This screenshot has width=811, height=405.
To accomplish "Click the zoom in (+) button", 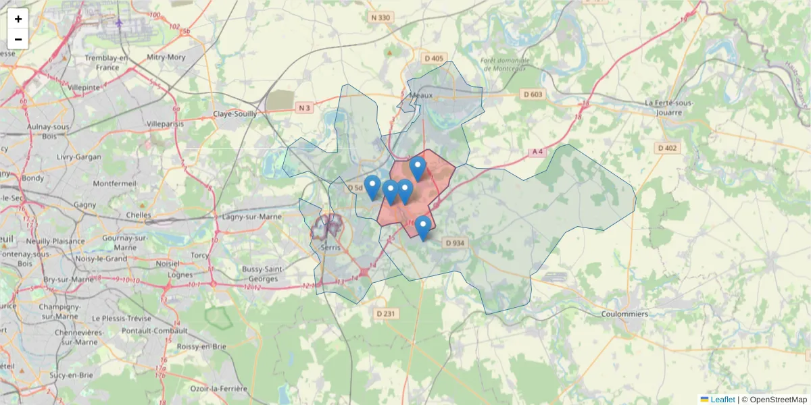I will pos(18,19).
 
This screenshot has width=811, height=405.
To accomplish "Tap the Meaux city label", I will pos(421,96).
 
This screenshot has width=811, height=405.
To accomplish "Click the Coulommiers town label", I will pos(624,314).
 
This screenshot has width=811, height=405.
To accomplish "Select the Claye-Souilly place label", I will pos(235,114).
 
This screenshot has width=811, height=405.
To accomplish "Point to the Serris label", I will pos(331,248).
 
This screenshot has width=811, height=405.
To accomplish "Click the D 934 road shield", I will pos(456,243).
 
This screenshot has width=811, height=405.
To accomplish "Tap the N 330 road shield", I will pos(381,18).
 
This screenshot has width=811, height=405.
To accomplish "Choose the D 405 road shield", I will pos(434,59).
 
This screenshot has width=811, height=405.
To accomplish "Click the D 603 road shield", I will pos(533,94).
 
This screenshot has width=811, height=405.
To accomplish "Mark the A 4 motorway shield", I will pos(538,153).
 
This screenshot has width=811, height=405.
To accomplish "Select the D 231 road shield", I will pos(385,314).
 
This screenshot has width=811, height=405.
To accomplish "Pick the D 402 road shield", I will pos(668,148).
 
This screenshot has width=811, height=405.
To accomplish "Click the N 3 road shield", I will pos(305,108).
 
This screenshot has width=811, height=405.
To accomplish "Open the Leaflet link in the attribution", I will pos(722,400).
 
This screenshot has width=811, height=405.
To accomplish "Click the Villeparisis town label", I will pos(166,125).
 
